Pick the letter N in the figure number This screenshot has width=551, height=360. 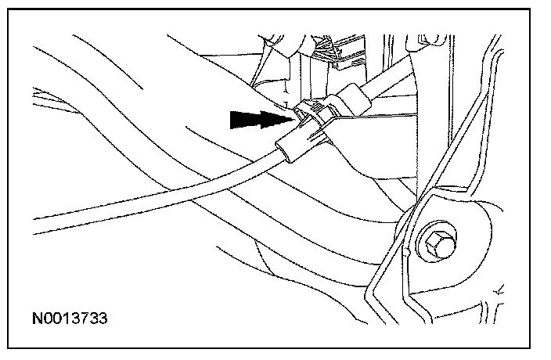pyautogui.click(x=38, y=320)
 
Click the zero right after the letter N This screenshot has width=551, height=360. pyautogui.click(x=46, y=320)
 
